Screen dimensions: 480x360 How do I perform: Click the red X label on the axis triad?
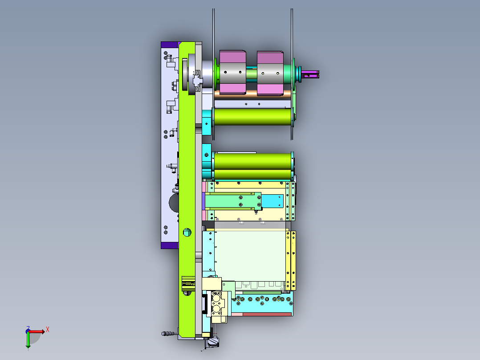[48, 330]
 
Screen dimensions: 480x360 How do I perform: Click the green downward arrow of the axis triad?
[28, 340]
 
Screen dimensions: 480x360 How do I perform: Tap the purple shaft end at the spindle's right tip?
[310, 74]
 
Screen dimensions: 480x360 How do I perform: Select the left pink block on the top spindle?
[232, 72]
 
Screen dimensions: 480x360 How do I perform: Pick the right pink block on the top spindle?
[270, 73]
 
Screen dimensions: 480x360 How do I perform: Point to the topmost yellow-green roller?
[253, 116]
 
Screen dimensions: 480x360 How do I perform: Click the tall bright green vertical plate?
[187, 190]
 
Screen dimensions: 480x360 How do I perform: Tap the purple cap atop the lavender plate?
[170, 45]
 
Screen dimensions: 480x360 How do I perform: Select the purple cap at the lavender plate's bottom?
[170, 245]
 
